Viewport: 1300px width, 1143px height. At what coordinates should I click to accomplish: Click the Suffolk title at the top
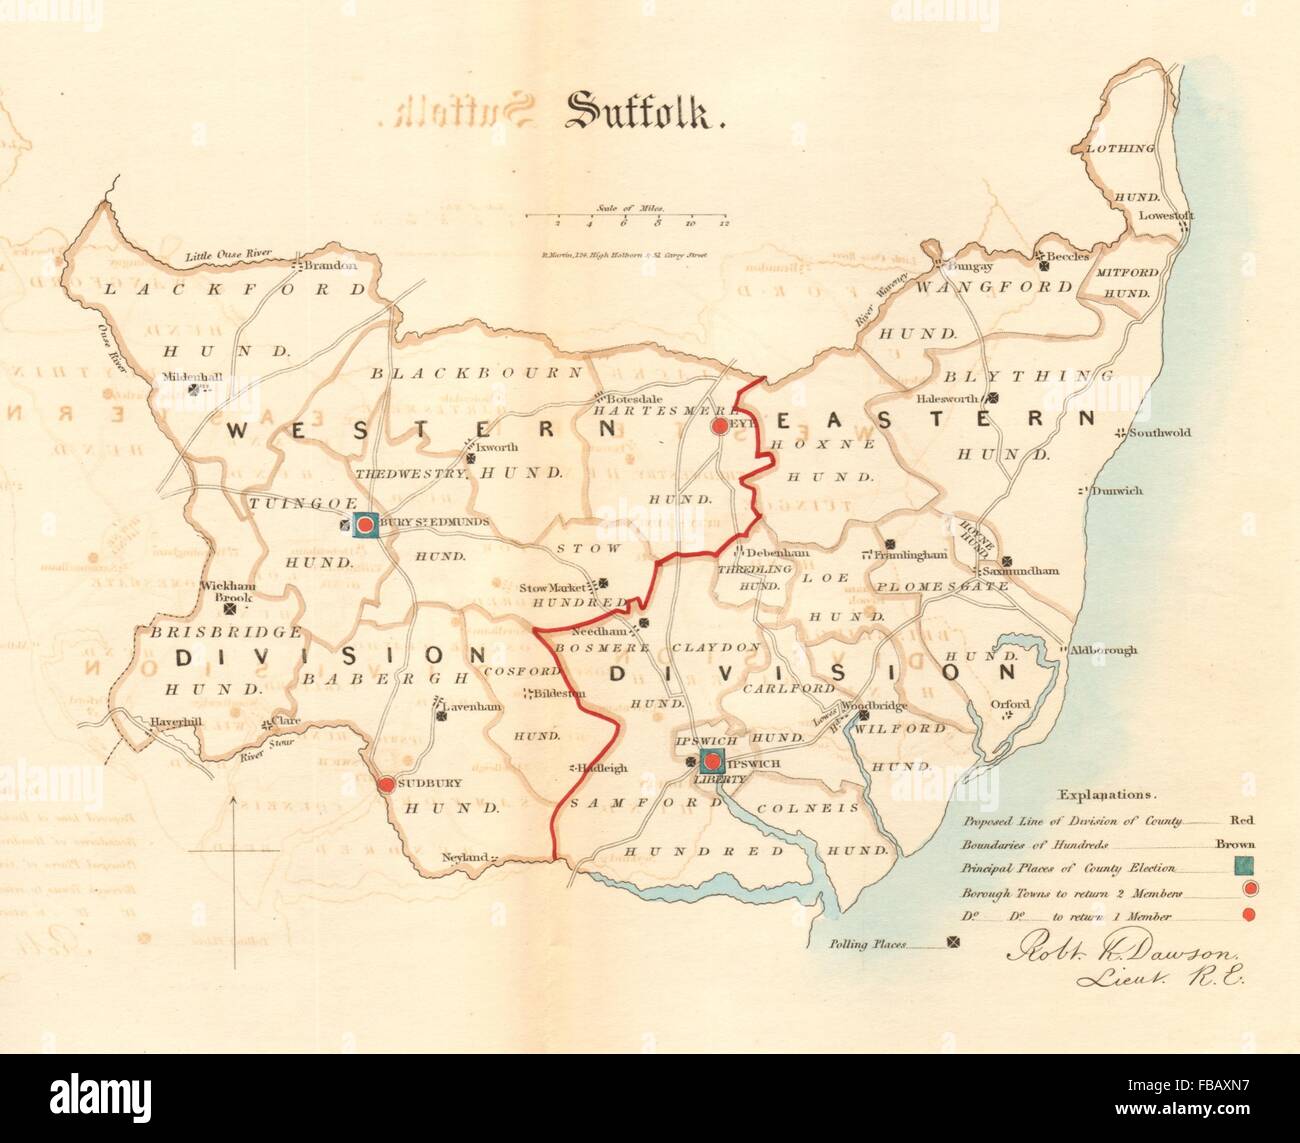point(645,112)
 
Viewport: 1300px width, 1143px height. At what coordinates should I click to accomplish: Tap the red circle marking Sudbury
point(386,784)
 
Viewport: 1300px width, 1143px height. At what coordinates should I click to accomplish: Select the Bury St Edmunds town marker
point(365,524)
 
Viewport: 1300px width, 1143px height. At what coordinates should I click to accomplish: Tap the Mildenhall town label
point(193,378)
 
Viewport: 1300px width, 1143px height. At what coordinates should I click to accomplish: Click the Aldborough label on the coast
point(1104,650)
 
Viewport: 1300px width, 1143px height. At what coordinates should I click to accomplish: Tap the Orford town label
point(1010,704)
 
